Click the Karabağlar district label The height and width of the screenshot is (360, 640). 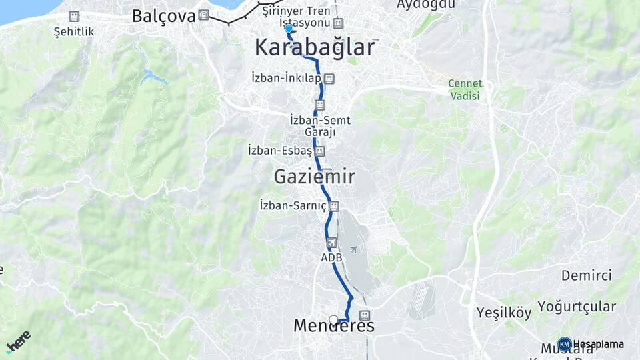(315, 48)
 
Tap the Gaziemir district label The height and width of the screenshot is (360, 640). (314, 177)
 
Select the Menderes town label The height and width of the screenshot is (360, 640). (334, 326)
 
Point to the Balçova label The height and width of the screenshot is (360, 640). (163, 16)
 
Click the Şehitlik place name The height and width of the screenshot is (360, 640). (74, 31)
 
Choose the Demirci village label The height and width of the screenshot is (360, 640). (586, 275)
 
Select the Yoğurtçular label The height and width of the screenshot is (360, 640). (577, 307)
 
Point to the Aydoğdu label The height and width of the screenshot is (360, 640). (425, 5)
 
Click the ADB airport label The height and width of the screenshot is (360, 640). (331, 257)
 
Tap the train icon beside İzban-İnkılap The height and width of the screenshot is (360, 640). (328, 79)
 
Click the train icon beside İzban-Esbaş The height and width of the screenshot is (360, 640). (320, 151)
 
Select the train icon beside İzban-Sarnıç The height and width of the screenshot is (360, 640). (334, 206)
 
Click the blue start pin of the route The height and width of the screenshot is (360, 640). (288, 29)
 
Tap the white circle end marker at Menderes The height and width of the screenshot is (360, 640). (333, 320)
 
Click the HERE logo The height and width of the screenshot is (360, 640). (18, 341)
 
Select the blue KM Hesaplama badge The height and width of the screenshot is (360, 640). (564, 344)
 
